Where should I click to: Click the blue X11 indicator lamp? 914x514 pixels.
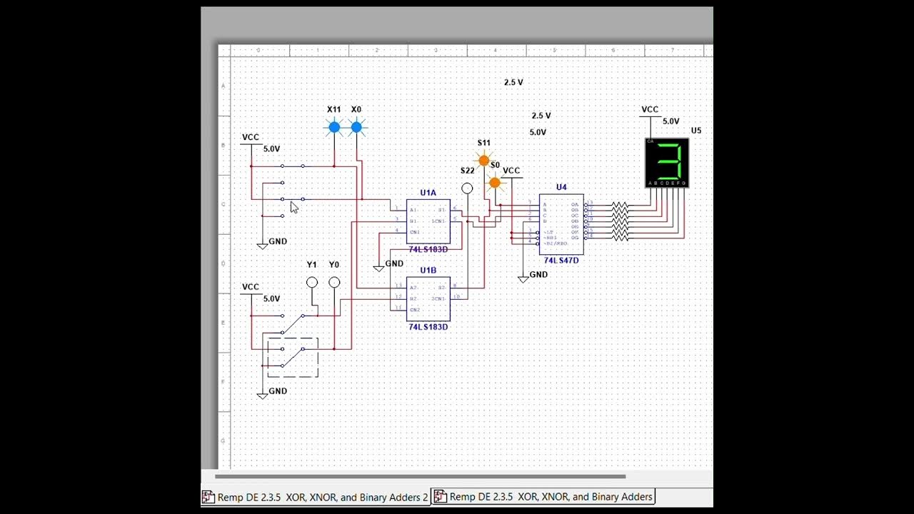334,128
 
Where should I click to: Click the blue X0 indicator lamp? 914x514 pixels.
356,128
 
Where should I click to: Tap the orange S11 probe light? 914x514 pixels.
484,161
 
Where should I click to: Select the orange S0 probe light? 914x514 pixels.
495,183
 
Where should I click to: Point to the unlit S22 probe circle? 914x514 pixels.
467,188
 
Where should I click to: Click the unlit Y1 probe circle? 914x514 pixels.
312,283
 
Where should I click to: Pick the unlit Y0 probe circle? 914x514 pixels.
334,283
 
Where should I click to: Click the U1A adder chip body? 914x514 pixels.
428,221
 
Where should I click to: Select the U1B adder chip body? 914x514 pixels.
428,298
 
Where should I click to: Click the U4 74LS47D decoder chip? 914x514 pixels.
561,224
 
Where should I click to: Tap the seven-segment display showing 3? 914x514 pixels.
667,163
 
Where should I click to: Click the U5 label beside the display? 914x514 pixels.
696,131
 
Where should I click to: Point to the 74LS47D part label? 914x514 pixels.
561,261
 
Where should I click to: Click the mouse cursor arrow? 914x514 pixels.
293,207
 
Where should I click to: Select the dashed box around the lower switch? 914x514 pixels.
293,358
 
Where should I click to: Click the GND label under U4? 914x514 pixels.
538,274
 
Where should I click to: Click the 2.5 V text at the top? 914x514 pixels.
513,82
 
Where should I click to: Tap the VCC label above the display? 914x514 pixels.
650,109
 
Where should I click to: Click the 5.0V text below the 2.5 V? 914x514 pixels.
538,132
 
